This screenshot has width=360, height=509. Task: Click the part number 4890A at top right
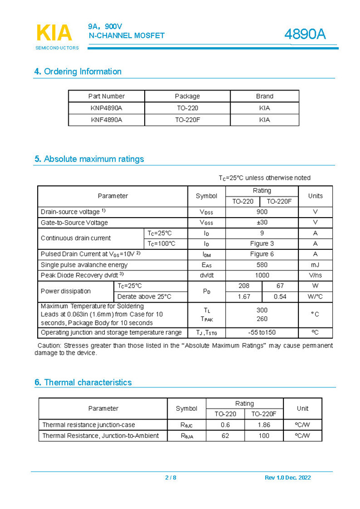305,34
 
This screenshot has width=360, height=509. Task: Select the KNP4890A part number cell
107,108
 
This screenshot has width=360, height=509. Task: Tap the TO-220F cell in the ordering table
187,119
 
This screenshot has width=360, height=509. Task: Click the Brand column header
265,96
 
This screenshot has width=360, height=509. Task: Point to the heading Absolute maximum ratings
89,159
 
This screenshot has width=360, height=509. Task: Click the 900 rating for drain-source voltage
262,211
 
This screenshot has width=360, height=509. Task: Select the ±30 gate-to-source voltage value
262,222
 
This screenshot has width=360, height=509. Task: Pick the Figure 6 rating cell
262,254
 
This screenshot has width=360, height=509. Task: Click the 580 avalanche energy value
262,264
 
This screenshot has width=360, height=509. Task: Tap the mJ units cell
315,264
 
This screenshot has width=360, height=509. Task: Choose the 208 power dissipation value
244,285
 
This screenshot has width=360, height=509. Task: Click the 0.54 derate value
280,296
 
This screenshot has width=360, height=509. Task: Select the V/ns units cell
315,275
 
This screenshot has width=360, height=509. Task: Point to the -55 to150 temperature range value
262,332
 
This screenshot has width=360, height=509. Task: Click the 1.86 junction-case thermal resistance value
263,425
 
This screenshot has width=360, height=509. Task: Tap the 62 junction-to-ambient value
225,436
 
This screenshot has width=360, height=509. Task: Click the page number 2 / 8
170,477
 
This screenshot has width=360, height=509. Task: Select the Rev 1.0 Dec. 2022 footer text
288,477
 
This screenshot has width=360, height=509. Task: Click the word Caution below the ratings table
49,345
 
